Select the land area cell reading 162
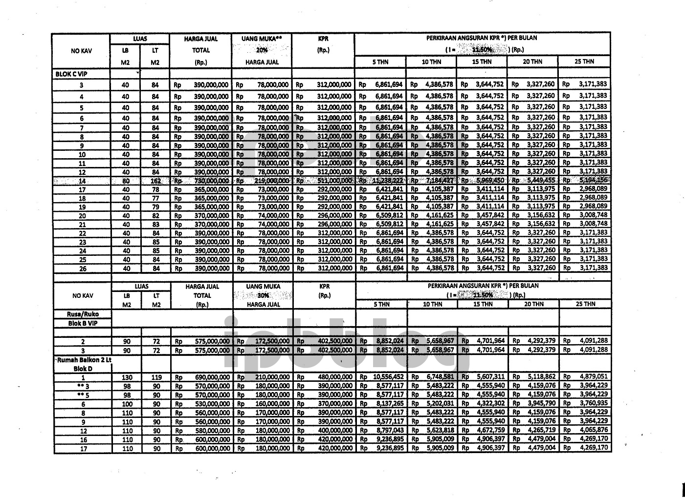coord(155,181)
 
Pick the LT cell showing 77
coord(155,198)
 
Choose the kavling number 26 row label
coord(82,269)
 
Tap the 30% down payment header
coord(263,296)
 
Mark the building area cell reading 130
coord(126,377)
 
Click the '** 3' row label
coord(83,386)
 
